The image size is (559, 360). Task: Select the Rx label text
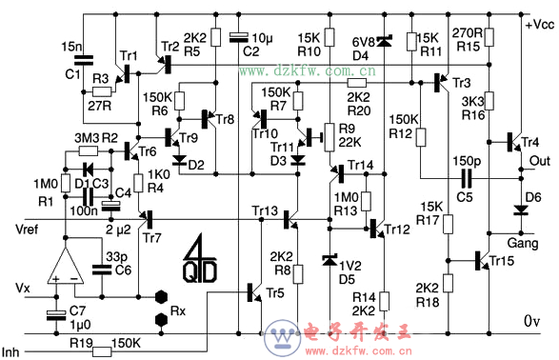(178, 311)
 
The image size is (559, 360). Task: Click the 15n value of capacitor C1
(71, 46)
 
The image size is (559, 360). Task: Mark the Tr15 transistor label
(504, 261)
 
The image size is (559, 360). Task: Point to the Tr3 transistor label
(463, 82)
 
